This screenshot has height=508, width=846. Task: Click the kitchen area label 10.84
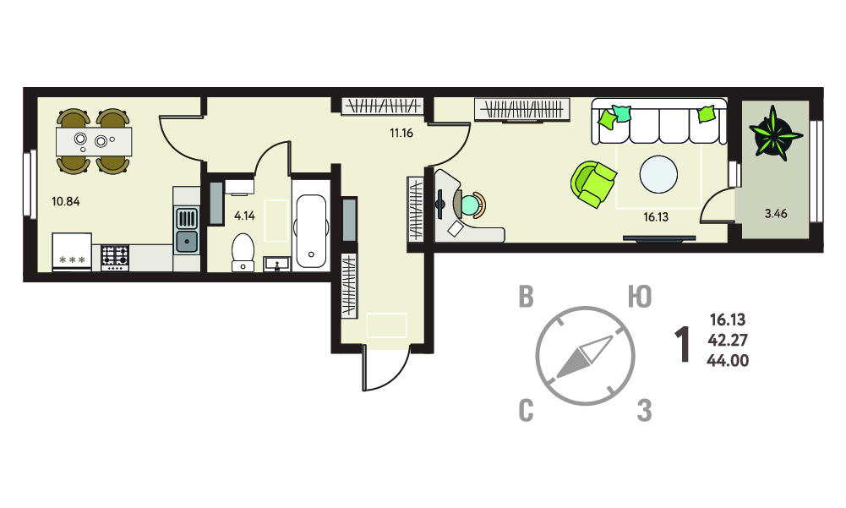[66, 201]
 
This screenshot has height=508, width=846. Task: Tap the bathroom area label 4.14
[244, 216]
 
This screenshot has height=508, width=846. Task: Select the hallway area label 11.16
[401, 133]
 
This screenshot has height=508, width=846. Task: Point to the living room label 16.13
[656, 217]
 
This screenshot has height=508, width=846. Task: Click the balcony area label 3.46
[776, 213]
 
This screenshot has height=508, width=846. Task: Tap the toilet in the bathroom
[243, 252]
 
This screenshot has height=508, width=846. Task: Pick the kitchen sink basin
[187, 241]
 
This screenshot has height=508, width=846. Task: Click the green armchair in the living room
[593, 184]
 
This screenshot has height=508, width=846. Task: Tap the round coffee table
[658, 174]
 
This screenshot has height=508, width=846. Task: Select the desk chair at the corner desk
[471, 204]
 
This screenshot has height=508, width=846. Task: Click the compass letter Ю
[640, 298]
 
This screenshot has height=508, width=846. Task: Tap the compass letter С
[526, 412]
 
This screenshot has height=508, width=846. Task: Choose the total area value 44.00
[728, 361]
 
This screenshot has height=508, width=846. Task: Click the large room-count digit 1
[683, 344]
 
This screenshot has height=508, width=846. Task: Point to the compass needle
[585, 357]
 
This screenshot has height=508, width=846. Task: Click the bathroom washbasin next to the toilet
[277, 264]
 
